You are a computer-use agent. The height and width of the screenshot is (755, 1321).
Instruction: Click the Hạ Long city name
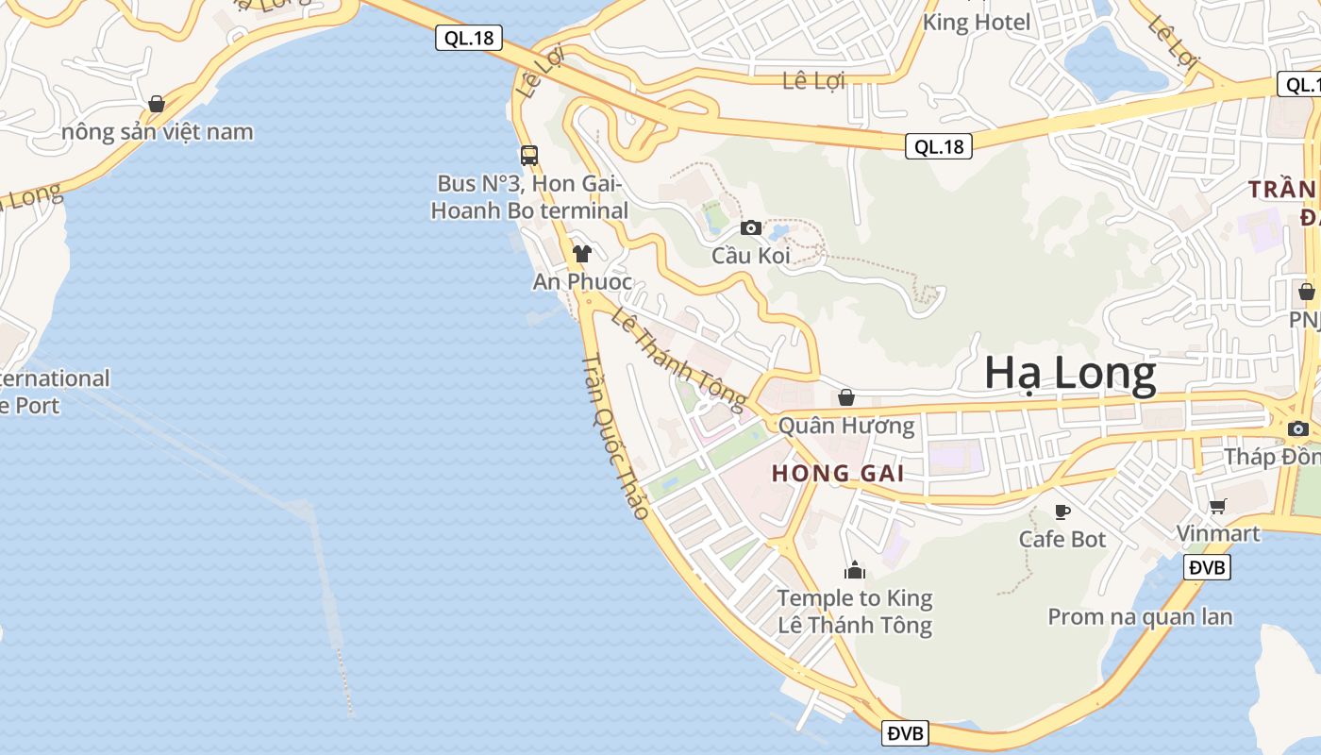1070,375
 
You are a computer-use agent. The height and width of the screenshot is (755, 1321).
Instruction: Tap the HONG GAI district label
838,474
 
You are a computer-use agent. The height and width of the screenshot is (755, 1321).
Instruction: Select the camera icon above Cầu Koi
751,227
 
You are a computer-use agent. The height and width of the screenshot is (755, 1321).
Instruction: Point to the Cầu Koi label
750,256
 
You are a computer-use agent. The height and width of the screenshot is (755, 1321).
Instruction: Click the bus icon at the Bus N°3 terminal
529,156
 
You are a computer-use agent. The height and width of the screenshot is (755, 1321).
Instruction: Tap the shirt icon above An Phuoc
582,253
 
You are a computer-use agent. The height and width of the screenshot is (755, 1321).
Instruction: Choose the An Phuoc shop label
582,281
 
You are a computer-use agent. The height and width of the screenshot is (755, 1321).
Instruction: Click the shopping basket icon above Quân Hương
846,397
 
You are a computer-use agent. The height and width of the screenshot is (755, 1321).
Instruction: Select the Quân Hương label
846,426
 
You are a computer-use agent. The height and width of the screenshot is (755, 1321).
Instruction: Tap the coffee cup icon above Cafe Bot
1062,512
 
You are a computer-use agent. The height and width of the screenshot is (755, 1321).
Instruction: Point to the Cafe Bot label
1062,539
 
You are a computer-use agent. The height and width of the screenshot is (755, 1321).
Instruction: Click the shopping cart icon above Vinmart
1218,506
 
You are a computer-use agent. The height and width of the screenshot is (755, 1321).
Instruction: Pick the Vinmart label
1218,533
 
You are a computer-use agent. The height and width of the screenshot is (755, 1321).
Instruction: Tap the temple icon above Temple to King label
855,570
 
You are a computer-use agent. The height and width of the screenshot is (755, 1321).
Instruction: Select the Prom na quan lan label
1140,617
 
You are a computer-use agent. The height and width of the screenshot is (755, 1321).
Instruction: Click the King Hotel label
977,22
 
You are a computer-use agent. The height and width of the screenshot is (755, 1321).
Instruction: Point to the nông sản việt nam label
158,131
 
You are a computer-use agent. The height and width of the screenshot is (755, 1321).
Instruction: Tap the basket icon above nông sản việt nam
157,104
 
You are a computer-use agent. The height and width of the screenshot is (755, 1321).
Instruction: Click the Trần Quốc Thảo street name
615,436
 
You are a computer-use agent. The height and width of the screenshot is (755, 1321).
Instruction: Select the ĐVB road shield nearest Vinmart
1208,567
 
